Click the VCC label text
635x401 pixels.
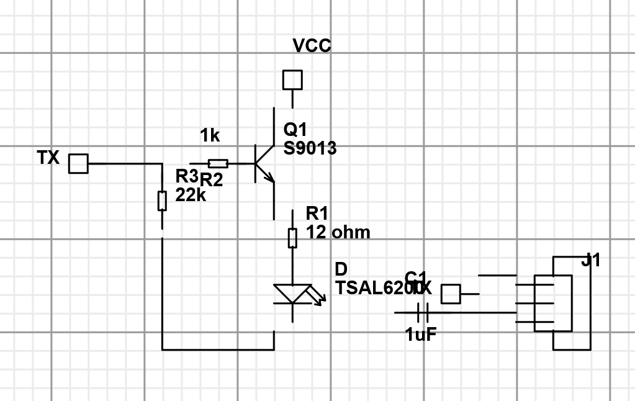[x=312, y=46]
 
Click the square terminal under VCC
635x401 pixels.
[x=292, y=80]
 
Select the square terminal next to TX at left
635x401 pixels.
[x=78, y=164]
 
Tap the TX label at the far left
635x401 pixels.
[x=48, y=158]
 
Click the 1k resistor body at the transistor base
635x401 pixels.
[x=218, y=164]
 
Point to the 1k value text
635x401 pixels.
[x=210, y=135]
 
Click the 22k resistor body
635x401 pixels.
[x=162, y=200]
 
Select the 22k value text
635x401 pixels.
[x=191, y=195]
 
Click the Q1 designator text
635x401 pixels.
[x=295, y=130]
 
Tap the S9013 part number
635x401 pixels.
[x=310, y=148]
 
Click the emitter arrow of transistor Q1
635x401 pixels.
[x=269, y=178]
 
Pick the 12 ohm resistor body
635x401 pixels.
[x=292, y=238]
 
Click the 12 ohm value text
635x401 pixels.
[x=338, y=233]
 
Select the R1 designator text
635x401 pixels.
[x=317, y=214]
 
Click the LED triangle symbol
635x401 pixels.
[x=292, y=294]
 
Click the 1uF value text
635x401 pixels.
[x=421, y=335]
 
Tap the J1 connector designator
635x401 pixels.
[x=591, y=261]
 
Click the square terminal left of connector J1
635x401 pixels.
[x=451, y=294]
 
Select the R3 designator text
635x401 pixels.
[x=186, y=176]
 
